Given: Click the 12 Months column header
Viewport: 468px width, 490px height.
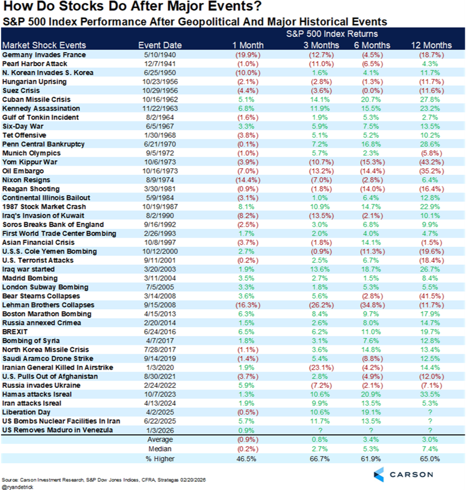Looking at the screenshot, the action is click(x=431, y=45).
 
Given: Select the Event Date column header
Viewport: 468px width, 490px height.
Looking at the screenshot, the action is click(x=160, y=45).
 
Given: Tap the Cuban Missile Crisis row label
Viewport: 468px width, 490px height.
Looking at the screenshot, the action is click(x=36, y=100).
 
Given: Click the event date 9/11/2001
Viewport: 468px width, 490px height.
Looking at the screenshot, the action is click(x=160, y=260).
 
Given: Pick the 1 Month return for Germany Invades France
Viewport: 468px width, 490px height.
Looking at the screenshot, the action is click(x=247, y=55).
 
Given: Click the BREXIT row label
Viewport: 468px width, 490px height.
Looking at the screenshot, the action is click(x=15, y=332).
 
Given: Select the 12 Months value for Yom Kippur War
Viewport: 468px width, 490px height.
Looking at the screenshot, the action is click(x=431, y=162).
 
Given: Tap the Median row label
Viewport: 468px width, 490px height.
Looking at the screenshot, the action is click(x=160, y=449).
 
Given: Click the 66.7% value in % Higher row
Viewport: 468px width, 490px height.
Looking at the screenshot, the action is click(x=320, y=459).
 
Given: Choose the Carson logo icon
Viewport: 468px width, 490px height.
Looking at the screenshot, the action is click(x=378, y=474).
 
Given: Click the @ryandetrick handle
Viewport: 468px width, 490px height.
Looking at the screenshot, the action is click(x=17, y=487).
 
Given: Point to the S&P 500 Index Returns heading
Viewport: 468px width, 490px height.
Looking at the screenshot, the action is click(x=332, y=34).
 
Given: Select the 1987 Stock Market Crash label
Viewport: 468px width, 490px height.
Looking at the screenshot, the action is click(x=44, y=207).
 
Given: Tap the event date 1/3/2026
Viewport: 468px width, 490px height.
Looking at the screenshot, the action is click(x=160, y=430).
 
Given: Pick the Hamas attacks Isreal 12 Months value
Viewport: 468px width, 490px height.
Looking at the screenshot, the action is click(x=430, y=394).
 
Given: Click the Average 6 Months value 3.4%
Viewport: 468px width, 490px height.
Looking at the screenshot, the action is click(x=371, y=440).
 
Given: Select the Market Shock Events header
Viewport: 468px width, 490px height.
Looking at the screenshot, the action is click(x=44, y=45).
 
